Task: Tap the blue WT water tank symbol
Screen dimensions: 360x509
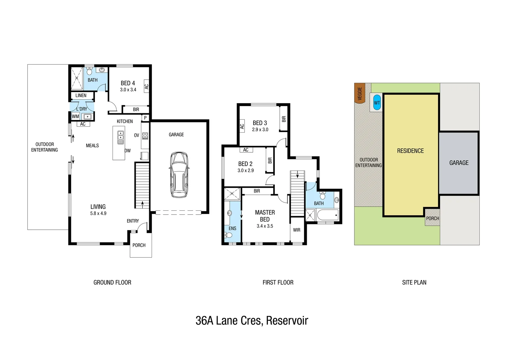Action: [377, 103]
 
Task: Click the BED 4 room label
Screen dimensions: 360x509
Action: [128, 83]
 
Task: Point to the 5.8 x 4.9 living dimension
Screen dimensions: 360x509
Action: [98, 213]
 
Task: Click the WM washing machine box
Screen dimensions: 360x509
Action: [76, 116]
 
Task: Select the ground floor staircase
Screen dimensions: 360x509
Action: [142, 185]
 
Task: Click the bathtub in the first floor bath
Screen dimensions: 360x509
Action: [327, 215]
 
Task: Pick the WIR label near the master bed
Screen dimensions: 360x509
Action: [296, 230]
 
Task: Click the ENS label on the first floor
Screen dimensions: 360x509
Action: [233, 228]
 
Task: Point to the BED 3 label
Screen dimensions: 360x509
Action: [260, 123]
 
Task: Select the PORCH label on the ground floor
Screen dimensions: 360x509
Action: [139, 245]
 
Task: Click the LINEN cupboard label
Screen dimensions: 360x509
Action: [81, 95]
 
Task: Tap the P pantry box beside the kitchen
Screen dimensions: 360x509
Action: [145, 118]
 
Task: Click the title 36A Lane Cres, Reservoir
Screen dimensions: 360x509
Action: [252, 321]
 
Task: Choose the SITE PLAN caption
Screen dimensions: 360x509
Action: [414, 282]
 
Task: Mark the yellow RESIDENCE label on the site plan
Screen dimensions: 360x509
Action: [410, 151]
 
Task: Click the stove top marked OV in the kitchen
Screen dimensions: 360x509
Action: [145, 136]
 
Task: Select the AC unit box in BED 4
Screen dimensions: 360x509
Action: [146, 86]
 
